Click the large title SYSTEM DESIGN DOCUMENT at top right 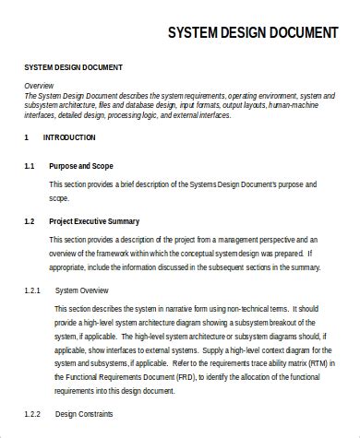pos(252,33)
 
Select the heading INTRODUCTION pos(69,137)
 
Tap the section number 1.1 pos(29,166)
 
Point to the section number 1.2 pos(29,221)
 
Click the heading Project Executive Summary pos(95,221)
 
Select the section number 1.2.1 pos(32,290)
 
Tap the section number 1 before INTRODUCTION pos(26,137)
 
